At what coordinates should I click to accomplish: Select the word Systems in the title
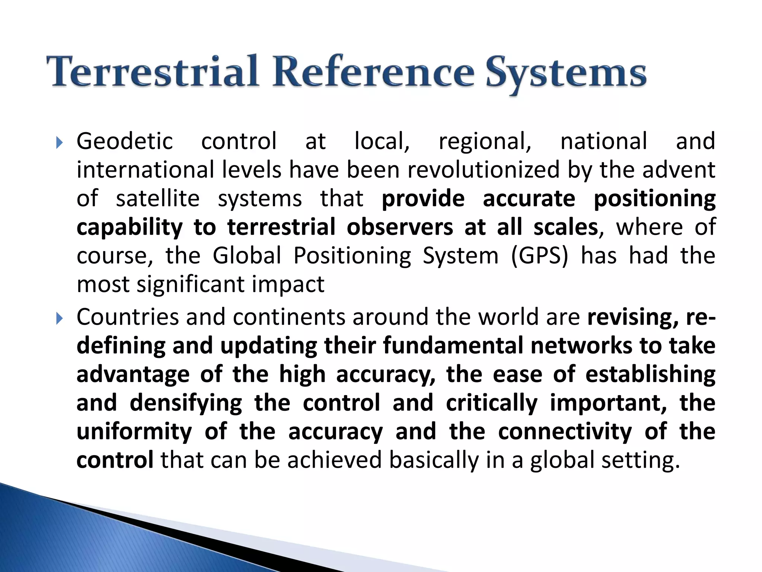coord(566,73)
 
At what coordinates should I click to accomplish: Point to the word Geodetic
coord(125,142)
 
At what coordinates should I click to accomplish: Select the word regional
coord(485,142)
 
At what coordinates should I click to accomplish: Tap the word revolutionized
coord(483,170)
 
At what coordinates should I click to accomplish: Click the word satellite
coord(158,198)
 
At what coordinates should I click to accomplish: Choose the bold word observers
coord(400,227)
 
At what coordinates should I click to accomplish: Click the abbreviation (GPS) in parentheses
coord(540,256)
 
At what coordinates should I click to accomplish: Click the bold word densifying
coord(186,403)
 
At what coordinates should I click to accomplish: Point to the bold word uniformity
coord(134,432)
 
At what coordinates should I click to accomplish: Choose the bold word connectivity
coord(564,432)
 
